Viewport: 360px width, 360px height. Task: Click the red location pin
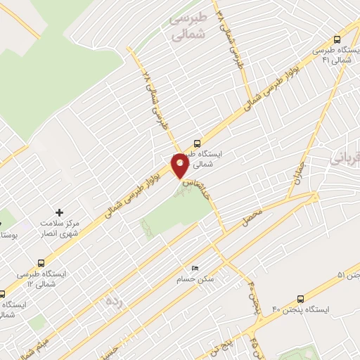[x=180, y=166]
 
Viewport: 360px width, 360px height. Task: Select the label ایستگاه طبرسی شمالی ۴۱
[x=330, y=56]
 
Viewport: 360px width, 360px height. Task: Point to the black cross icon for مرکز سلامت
[x=59, y=211]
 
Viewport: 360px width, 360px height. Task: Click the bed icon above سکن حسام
[x=195, y=269]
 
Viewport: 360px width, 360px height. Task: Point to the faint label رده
[x=115, y=300]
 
